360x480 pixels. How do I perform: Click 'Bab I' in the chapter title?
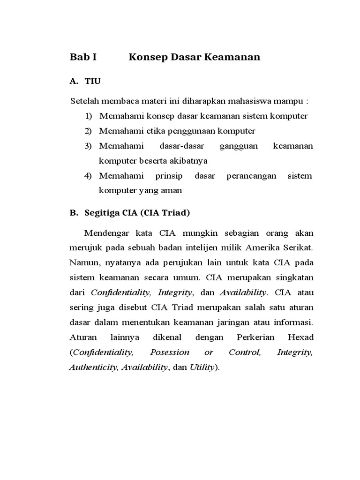pyautogui.click(x=83, y=58)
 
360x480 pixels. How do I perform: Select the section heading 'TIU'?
pyautogui.click(x=92, y=82)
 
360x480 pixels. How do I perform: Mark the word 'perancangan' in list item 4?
pyautogui.click(x=248, y=176)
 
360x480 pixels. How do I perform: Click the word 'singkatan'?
pyautogui.click(x=293, y=278)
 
